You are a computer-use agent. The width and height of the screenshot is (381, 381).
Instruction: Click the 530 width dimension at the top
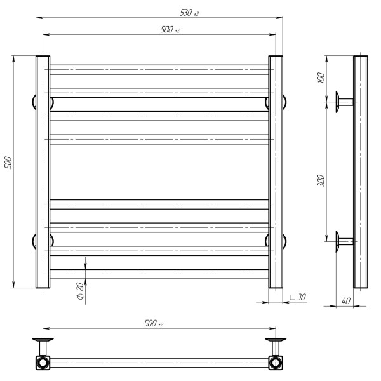point(189,13)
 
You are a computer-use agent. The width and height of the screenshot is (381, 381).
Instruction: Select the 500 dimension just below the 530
point(170,30)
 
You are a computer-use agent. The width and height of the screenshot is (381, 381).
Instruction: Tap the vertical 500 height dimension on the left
point(8,163)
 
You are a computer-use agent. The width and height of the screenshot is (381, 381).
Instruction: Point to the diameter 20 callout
point(81,291)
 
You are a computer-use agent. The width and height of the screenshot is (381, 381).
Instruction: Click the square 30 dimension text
point(298,297)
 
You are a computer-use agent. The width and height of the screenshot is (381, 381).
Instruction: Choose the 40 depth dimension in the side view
point(345,301)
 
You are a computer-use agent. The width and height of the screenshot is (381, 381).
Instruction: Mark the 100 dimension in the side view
point(321,77)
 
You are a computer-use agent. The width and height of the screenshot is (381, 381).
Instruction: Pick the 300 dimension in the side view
point(321,180)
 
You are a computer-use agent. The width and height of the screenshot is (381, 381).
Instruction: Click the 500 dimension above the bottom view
point(154,323)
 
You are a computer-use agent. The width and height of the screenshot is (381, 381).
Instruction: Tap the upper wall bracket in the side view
point(344,102)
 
